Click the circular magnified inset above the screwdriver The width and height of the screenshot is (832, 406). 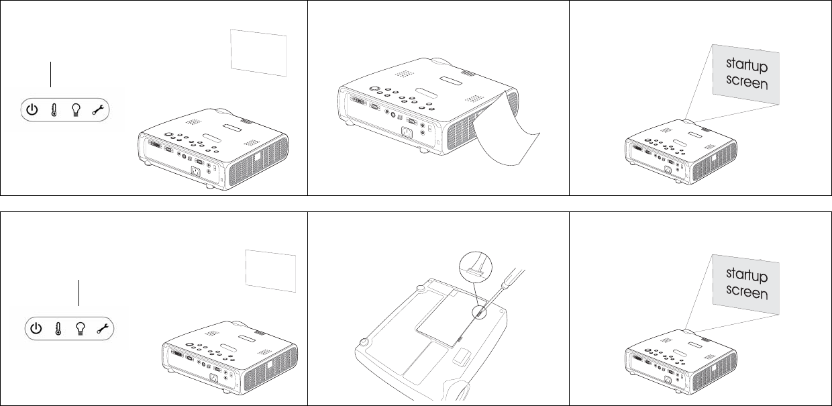[x=476, y=268]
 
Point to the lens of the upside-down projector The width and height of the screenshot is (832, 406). [x=460, y=391]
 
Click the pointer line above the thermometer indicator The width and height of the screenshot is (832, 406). [x=50, y=74]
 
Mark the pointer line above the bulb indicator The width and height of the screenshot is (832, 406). [x=79, y=293]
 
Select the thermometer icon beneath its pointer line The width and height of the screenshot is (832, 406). [x=54, y=110]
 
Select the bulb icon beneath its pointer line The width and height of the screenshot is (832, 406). [x=81, y=329]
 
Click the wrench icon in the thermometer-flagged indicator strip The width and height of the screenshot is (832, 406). [x=99, y=109]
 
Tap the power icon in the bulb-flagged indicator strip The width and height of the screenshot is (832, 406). [x=36, y=328]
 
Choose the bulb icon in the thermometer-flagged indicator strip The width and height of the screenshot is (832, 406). [x=76, y=110]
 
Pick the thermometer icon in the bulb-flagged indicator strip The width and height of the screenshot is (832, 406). [x=58, y=329]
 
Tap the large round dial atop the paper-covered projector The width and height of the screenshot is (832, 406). [x=374, y=89]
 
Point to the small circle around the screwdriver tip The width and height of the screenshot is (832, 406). [x=479, y=313]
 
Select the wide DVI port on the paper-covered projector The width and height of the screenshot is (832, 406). [x=358, y=100]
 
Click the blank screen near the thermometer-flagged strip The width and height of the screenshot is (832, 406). [x=258, y=53]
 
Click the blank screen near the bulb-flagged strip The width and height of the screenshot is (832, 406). [x=270, y=271]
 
